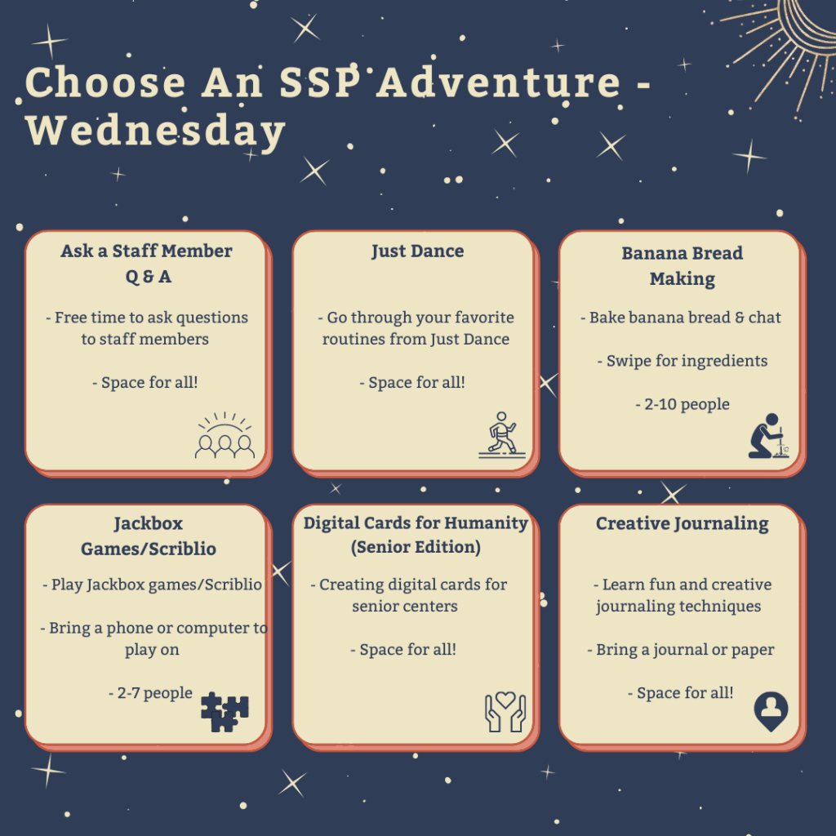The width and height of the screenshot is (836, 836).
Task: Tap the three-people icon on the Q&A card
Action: point(225,436)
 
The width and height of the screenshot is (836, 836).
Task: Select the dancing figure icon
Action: point(502,435)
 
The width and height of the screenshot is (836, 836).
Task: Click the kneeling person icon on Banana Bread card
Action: point(768,436)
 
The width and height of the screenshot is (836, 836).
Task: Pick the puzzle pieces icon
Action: point(225,712)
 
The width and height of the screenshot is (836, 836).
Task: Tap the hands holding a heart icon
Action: point(505,712)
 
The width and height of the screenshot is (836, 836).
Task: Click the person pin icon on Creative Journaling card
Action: point(771,712)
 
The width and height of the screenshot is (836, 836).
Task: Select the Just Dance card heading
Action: point(417,251)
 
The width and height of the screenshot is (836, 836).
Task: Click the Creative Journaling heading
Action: point(682,524)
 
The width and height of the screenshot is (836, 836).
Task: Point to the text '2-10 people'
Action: point(683,404)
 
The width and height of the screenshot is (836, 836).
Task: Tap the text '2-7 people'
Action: point(150,692)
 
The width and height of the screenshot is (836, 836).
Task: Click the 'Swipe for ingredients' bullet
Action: point(683,361)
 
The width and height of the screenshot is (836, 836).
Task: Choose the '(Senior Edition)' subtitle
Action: point(416,547)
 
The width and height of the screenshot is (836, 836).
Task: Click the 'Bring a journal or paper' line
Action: point(681,650)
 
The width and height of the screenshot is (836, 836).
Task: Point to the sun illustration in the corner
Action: point(783,49)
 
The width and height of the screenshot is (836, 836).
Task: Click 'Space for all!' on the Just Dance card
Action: point(412,382)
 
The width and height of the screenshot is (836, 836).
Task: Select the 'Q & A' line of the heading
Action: point(149,277)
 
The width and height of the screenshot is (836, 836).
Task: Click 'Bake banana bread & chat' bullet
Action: point(681,318)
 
